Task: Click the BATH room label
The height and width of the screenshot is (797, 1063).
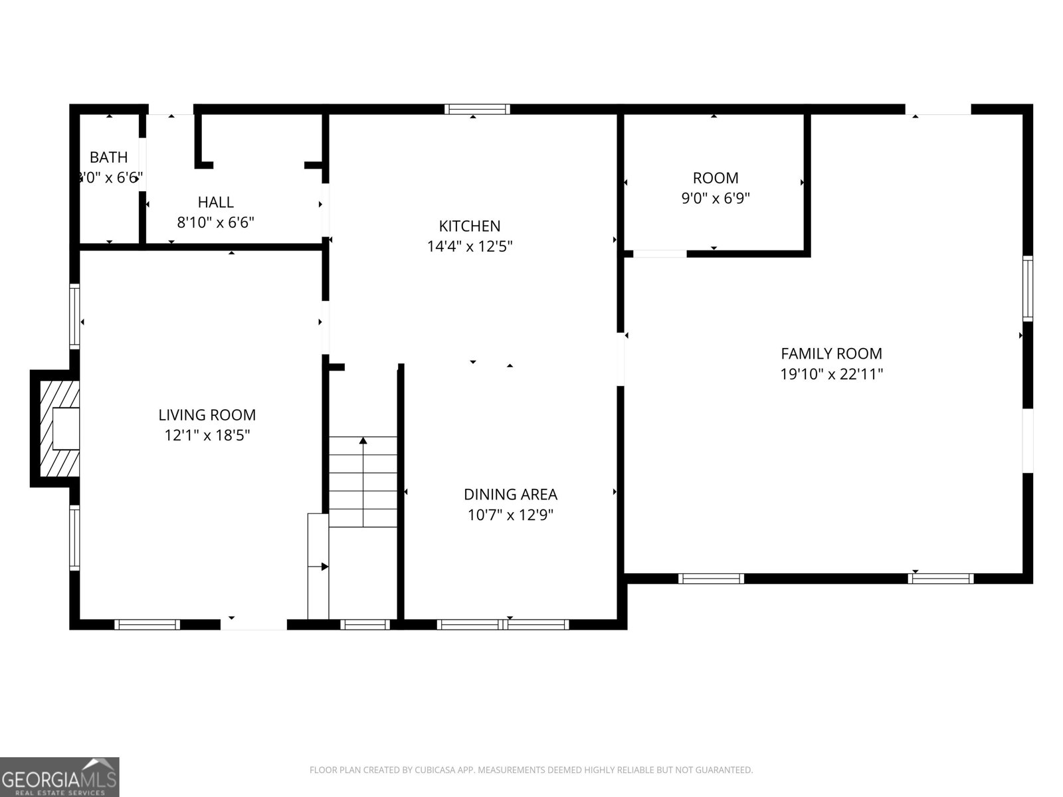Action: point(108,157)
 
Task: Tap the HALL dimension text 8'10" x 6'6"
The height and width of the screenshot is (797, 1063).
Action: point(215,222)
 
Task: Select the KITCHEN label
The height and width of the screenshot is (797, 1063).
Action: point(469,226)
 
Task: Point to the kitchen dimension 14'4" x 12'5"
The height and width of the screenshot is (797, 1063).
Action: point(469,246)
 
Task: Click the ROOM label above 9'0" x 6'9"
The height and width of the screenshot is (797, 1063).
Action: point(715,178)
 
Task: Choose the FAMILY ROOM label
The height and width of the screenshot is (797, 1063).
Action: point(831,353)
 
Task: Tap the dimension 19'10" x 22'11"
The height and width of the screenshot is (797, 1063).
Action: point(831,374)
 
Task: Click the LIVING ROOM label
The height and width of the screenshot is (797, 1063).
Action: point(207,415)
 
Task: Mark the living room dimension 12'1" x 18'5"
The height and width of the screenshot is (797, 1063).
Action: point(207,436)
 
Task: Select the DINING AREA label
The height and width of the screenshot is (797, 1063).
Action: point(510,494)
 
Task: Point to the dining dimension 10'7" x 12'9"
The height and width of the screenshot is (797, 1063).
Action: point(510,515)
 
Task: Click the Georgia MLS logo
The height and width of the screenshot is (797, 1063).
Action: point(60,776)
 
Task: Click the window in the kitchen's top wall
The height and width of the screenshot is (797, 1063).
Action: point(477,110)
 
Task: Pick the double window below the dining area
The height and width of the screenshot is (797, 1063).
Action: point(503,624)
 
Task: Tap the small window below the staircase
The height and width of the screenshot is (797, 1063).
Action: point(365,624)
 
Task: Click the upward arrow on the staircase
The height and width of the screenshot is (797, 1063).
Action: point(363,441)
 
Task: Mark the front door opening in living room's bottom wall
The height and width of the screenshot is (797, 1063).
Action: point(253,624)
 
